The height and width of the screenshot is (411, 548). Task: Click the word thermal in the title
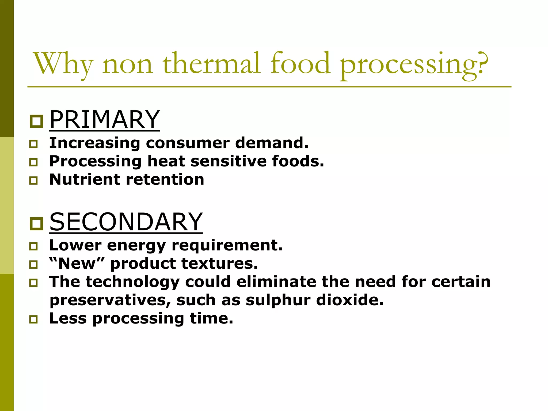tap(211, 63)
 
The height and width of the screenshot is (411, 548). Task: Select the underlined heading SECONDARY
tap(126, 222)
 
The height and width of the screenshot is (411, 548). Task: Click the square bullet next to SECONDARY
tap(36, 223)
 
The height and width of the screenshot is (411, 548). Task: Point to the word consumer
tap(188, 143)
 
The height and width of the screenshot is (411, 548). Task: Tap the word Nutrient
tap(85, 179)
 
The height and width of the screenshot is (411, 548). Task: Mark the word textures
tap(219, 264)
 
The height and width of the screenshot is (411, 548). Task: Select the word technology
tap(132, 282)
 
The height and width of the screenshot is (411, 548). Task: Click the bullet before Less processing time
tap(33, 319)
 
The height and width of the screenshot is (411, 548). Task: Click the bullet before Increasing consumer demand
tap(33, 144)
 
